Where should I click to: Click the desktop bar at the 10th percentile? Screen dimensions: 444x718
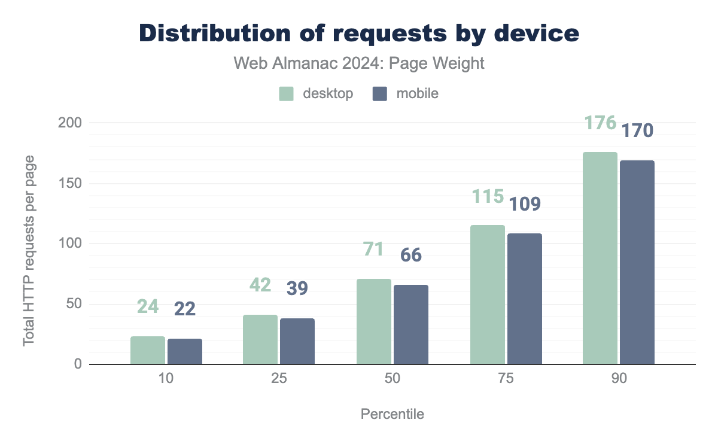[148, 350]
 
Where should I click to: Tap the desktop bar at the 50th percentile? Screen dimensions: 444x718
[374, 321]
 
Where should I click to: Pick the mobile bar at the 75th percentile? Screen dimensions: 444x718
[525, 299]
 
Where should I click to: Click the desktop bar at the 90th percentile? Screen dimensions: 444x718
[600, 258]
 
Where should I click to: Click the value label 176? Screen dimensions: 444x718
[600, 123]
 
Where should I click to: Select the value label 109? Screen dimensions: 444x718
[525, 204]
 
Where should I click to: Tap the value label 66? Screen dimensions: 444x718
[411, 255]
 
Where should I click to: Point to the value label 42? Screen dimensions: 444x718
[260, 285]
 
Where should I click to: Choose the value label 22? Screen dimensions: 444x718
[185, 309]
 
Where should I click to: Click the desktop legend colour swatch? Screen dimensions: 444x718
[287, 94]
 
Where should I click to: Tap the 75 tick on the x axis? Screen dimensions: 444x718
[506, 380]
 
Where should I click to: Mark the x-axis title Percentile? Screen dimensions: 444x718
[393, 414]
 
